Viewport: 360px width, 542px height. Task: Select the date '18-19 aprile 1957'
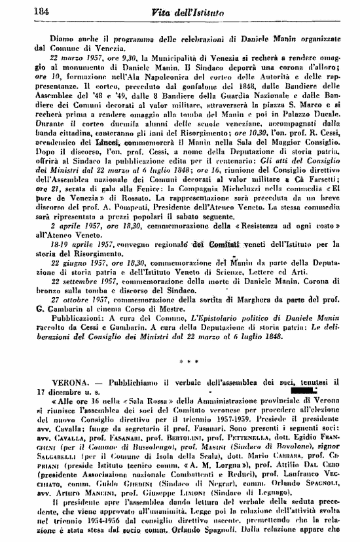click(73, 242)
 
